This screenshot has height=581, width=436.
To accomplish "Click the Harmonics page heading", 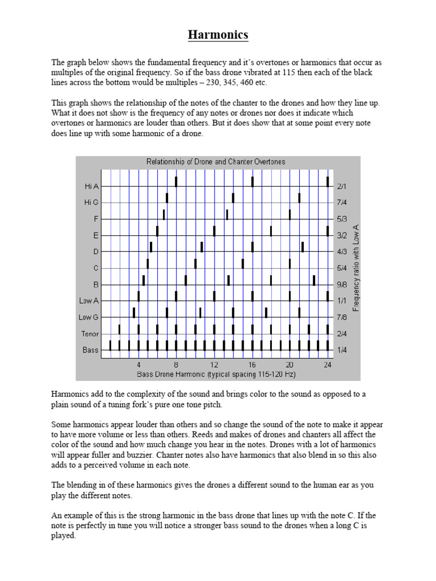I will pyautogui.click(x=218, y=35).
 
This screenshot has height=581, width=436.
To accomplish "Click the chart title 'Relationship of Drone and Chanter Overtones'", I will pyautogui.click(x=216, y=162).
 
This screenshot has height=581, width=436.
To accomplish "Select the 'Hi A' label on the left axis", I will pyautogui.click(x=91, y=186).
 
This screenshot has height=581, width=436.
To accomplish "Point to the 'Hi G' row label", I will pyautogui.click(x=91, y=202).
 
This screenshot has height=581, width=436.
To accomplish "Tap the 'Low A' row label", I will pyautogui.click(x=89, y=301).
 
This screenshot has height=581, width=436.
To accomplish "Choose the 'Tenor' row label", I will pyautogui.click(x=90, y=334).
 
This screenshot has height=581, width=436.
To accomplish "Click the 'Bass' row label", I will pyautogui.click(x=91, y=350).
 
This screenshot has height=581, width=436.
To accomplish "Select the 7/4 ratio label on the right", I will pyautogui.click(x=342, y=202).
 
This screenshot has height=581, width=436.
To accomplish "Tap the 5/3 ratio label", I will pyautogui.click(x=342, y=218).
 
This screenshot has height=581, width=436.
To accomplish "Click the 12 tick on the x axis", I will pyautogui.click(x=214, y=365).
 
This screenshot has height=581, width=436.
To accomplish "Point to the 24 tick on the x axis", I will pyautogui.click(x=328, y=365).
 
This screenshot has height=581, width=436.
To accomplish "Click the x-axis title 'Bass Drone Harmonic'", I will pyautogui.click(x=216, y=374).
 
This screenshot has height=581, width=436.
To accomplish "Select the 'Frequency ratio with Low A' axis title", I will pyautogui.click(x=357, y=267).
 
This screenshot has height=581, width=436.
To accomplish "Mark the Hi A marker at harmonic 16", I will pyautogui.click(x=252, y=182).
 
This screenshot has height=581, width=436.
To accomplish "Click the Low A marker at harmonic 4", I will pyautogui.click(x=139, y=296).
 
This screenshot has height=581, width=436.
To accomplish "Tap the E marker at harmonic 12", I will pyautogui.click(x=214, y=231).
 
